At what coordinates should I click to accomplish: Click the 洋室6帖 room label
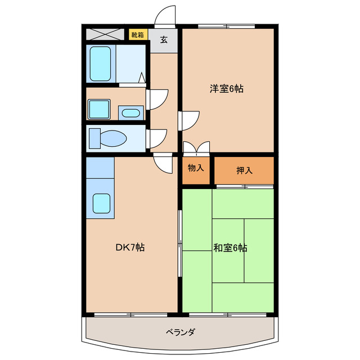[227, 88]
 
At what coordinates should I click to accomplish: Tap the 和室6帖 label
[230, 247]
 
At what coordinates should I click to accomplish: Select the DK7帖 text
[130, 247]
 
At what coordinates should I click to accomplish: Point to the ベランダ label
[180, 332]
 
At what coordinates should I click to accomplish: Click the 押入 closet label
[244, 169]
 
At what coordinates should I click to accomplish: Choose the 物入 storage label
[196, 168]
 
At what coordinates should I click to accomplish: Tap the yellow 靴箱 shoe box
[138, 35]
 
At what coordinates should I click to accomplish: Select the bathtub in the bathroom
[100, 64]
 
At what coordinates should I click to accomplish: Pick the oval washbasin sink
[130, 113]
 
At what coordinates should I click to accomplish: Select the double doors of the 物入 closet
[196, 147]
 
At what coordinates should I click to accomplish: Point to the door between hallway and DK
[163, 164]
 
